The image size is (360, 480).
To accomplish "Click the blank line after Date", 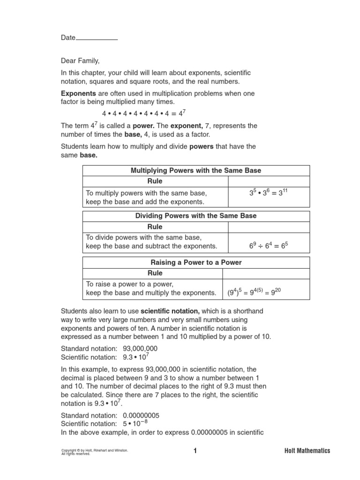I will pyautogui.click(x=97, y=38).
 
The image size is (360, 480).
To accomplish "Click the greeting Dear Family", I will pyautogui.click(x=80, y=61).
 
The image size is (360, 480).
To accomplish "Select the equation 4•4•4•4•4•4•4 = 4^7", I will pyautogui.click(x=144, y=114).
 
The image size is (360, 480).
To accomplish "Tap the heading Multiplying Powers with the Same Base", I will pyautogui.click(x=196, y=170).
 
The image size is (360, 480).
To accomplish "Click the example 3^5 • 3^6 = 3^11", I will pyautogui.click(x=269, y=193).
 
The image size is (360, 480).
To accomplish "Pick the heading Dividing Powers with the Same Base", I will pyautogui.click(x=196, y=216).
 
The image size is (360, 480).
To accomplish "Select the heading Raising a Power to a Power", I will pyautogui.click(x=196, y=262).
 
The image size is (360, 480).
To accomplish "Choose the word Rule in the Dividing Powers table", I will pyautogui.click(x=155, y=227).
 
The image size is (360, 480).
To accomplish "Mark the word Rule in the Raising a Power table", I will pyautogui.click(x=155, y=273).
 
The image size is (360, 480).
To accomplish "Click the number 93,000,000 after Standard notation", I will pyautogui.click(x=140, y=348).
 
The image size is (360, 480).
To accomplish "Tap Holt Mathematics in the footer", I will pyautogui.click(x=307, y=451).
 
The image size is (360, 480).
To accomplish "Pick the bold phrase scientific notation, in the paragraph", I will pyautogui.click(x=170, y=311).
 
